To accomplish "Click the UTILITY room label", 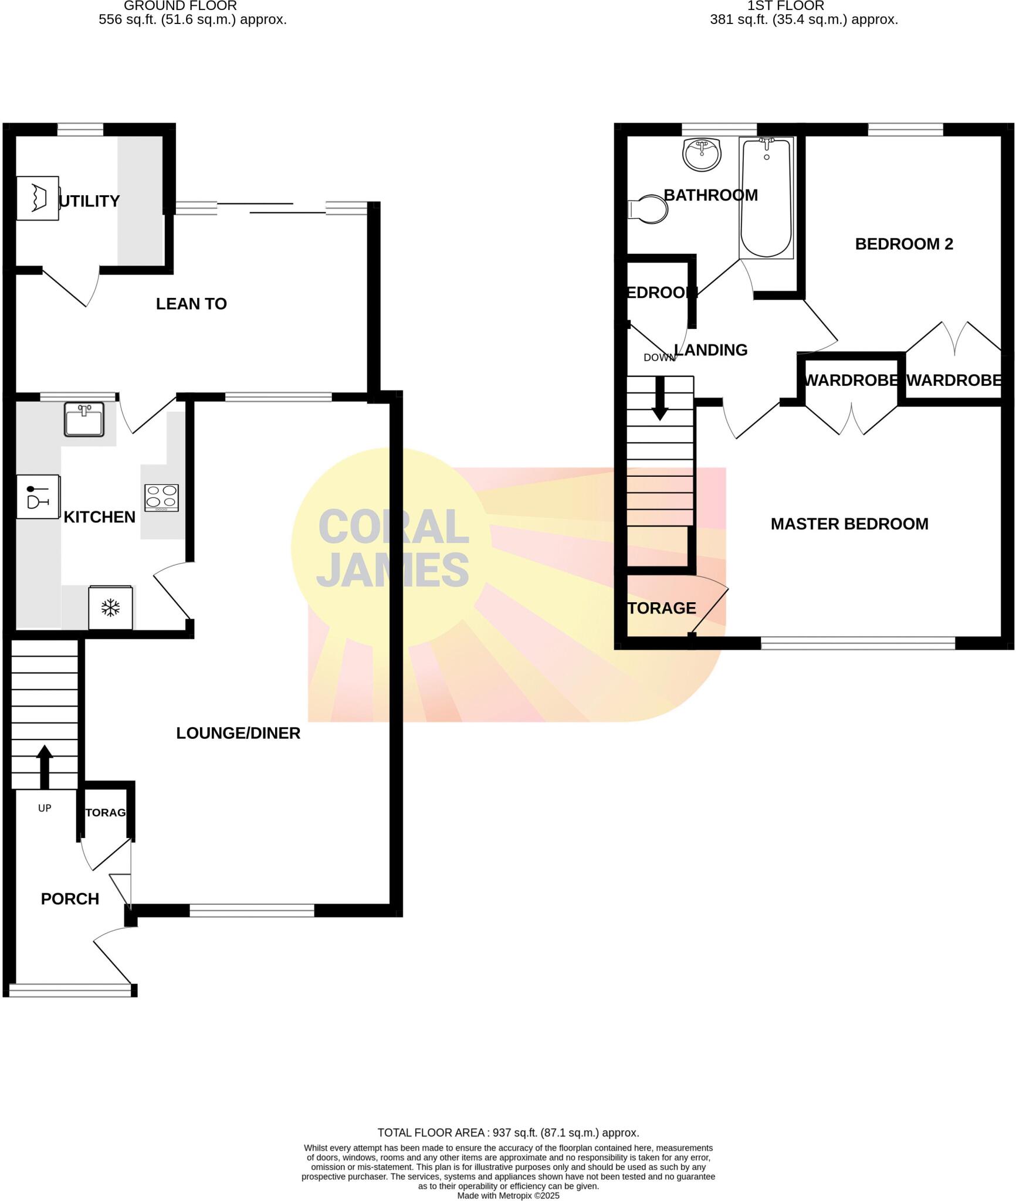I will (x=89, y=201).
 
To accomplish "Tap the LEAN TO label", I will (x=191, y=304).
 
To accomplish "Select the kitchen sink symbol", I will (x=84, y=419).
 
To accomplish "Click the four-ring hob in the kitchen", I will (x=162, y=497).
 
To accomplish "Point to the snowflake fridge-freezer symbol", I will (x=110, y=608).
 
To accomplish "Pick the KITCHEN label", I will (x=99, y=517).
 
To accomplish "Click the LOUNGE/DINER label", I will (x=238, y=733).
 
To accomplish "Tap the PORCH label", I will (x=70, y=899).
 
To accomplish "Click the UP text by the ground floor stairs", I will (x=45, y=808).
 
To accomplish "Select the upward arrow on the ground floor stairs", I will (x=45, y=765).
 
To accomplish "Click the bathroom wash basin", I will (x=702, y=154).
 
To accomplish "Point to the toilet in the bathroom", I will (x=649, y=209).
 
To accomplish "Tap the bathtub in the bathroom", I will (x=766, y=198).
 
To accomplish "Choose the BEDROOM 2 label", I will (x=904, y=244).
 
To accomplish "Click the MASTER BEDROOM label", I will (x=849, y=524).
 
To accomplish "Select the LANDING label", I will (x=710, y=350).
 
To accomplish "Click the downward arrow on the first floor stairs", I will (x=660, y=399).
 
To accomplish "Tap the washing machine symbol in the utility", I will (x=38, y=198).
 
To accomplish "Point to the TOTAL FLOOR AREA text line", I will (x=508, y=1133).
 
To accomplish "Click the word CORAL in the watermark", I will (x=393, y=527).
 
